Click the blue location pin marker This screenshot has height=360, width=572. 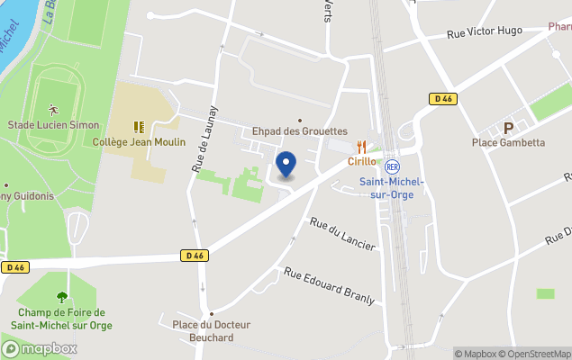[286, 165]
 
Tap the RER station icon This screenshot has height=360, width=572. [392, 166]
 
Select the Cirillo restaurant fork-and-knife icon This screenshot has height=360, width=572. [361, 147]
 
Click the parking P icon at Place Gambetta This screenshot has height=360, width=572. [508, 128]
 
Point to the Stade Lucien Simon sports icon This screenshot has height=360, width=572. [53, 109]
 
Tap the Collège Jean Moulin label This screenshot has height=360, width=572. [139, 142]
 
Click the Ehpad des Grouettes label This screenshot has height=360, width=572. [299, 131]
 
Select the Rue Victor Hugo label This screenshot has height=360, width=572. [486, 34]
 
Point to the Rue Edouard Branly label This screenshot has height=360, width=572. [329, 285]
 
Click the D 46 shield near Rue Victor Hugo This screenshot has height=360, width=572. [441, 99]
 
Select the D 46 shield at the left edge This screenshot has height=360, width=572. [14, 267]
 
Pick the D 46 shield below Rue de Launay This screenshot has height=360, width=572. [195, 256]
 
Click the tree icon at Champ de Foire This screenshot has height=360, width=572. [61, 296]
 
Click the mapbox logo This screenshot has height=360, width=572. [41, 348]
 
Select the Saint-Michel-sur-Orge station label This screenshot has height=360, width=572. [392, 188]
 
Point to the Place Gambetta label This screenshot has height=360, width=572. [508, 142]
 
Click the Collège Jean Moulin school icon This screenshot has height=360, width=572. [139, 128]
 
